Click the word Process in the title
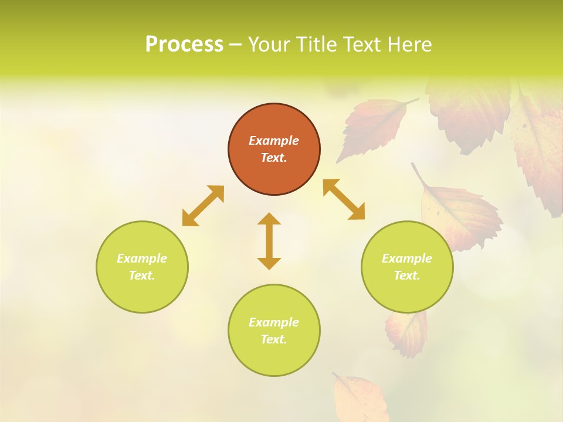click(x=184, y=45)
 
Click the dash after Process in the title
click(x=235, y=45)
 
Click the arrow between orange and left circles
click(x=203, y=206)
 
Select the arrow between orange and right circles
click(x=344, y=199)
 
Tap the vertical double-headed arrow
click(x=269, y=241)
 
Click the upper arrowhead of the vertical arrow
click(x=269, y=219)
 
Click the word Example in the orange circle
click(x=274, y=141)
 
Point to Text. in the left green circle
click(x=142, y=275)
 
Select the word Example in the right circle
click(x=407, y=258)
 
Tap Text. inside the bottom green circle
click(x=274, y=339)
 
